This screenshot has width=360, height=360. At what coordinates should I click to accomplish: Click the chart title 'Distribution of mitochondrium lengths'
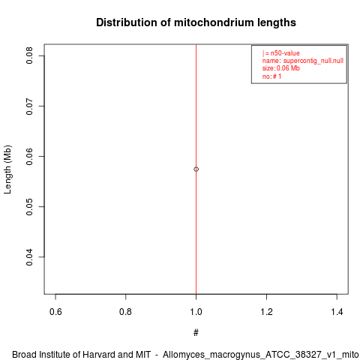click(196, 22)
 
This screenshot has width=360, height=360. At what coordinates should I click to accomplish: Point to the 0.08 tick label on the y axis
click(29, 55)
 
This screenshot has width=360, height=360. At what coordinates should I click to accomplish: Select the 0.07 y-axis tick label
click(29, 106)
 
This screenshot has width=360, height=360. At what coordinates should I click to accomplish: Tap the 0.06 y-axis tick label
click(29, 157)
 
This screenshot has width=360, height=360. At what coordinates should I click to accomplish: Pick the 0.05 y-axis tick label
click(29, 207)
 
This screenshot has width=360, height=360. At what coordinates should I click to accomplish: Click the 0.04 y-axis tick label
click(29, 257)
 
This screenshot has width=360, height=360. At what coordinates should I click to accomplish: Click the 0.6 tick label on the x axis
click(55, 312)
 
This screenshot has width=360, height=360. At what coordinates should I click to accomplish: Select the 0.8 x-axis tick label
click(125, 312)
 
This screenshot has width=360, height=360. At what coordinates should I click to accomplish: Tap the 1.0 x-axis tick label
click(196, 312)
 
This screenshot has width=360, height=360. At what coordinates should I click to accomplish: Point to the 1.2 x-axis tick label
click(266, 312)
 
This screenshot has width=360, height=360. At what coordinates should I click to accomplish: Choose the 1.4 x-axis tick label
click(337, 312)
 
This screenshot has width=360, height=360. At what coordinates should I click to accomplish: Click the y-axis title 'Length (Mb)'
click(7, 169)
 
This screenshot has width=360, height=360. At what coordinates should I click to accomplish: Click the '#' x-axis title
click(196, 333)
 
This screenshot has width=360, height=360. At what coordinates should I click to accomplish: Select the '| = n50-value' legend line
click(281, 53)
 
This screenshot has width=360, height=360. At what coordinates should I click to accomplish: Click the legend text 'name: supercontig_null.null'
click(303, 61)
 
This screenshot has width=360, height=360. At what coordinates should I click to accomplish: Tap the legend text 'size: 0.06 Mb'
click(281, 68)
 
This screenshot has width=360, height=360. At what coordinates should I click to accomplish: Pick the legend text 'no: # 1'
click(271, 76)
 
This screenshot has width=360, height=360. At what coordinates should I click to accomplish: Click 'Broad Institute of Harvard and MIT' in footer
click(82, 355)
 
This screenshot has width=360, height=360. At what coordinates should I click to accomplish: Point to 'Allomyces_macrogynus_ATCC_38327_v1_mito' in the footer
click(261, 355)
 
